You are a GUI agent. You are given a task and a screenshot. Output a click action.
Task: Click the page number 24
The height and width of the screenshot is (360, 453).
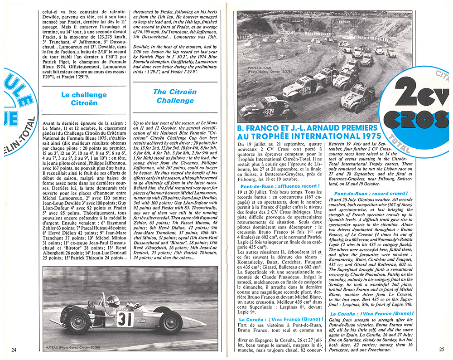14,349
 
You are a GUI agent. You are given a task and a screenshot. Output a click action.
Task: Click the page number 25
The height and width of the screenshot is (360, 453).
442,349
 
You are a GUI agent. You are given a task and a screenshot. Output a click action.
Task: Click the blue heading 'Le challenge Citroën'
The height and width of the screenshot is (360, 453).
84,99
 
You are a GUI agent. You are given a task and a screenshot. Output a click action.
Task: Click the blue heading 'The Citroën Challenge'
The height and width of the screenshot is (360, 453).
175,96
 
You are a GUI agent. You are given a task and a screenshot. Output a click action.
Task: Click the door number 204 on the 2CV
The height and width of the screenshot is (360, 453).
307,90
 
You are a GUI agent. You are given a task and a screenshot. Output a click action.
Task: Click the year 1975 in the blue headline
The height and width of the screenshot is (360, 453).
358,136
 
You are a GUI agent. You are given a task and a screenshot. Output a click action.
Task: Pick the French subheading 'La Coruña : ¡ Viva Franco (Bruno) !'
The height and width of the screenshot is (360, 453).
280,319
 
